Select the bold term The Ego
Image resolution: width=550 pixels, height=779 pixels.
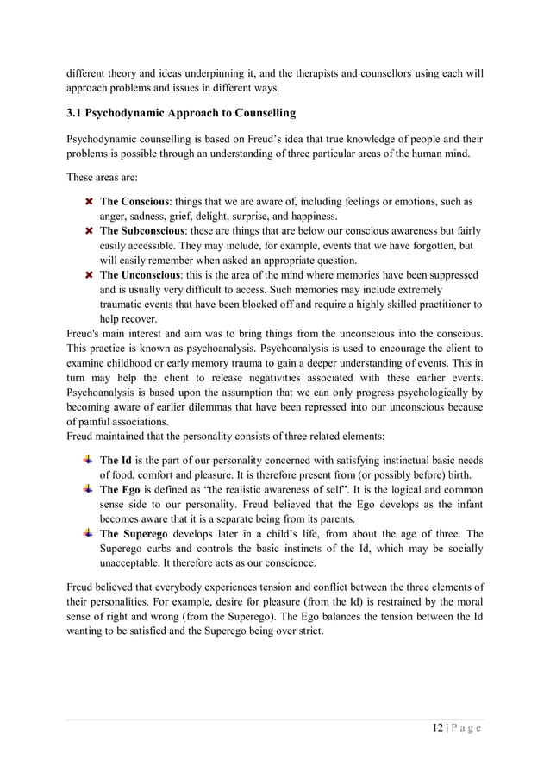click(120, 489)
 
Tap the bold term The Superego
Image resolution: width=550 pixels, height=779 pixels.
click(132, 533)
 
